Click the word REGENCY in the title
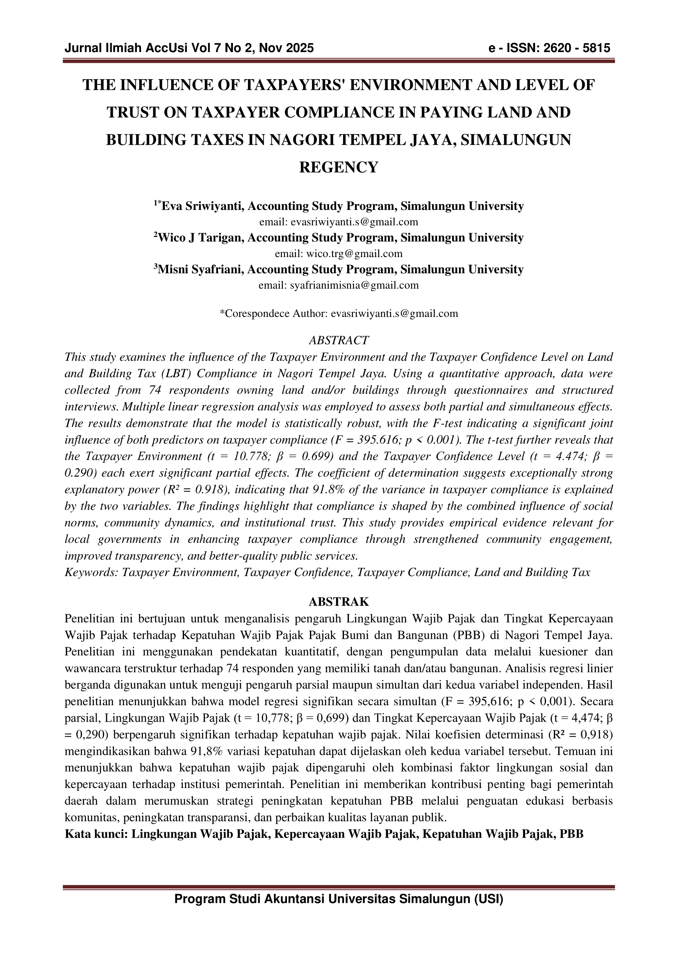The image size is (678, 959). pyautogui.click(x=339, y=167)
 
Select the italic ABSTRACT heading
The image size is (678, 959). pyautogui.click(x=339, y=340)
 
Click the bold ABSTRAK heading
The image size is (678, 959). pyautogui.click(x=339, y=602)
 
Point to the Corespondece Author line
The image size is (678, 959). pyautogui.click(x=339, y=314)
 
